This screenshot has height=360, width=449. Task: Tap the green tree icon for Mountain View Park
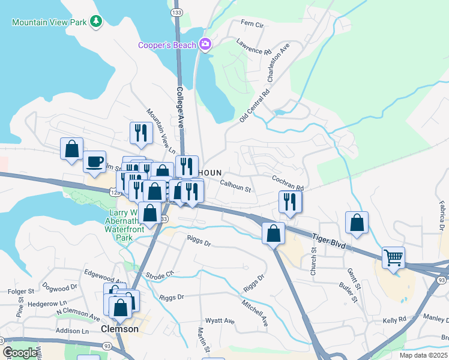(x=95, y=22)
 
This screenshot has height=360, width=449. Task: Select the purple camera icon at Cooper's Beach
(x=205, y=44)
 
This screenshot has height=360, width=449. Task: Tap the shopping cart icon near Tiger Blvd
(x=393, y=258)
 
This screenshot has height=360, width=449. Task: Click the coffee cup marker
(x=94, y=162)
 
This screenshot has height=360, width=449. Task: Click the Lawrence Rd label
(x=253, y=47)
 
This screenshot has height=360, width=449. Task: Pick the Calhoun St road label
(x=235, y=187)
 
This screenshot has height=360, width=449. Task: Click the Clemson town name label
(x=119, y=329)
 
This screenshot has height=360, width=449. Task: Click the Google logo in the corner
(x=20, y=353)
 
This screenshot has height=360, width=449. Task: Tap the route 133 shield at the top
(x=176, y=11)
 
